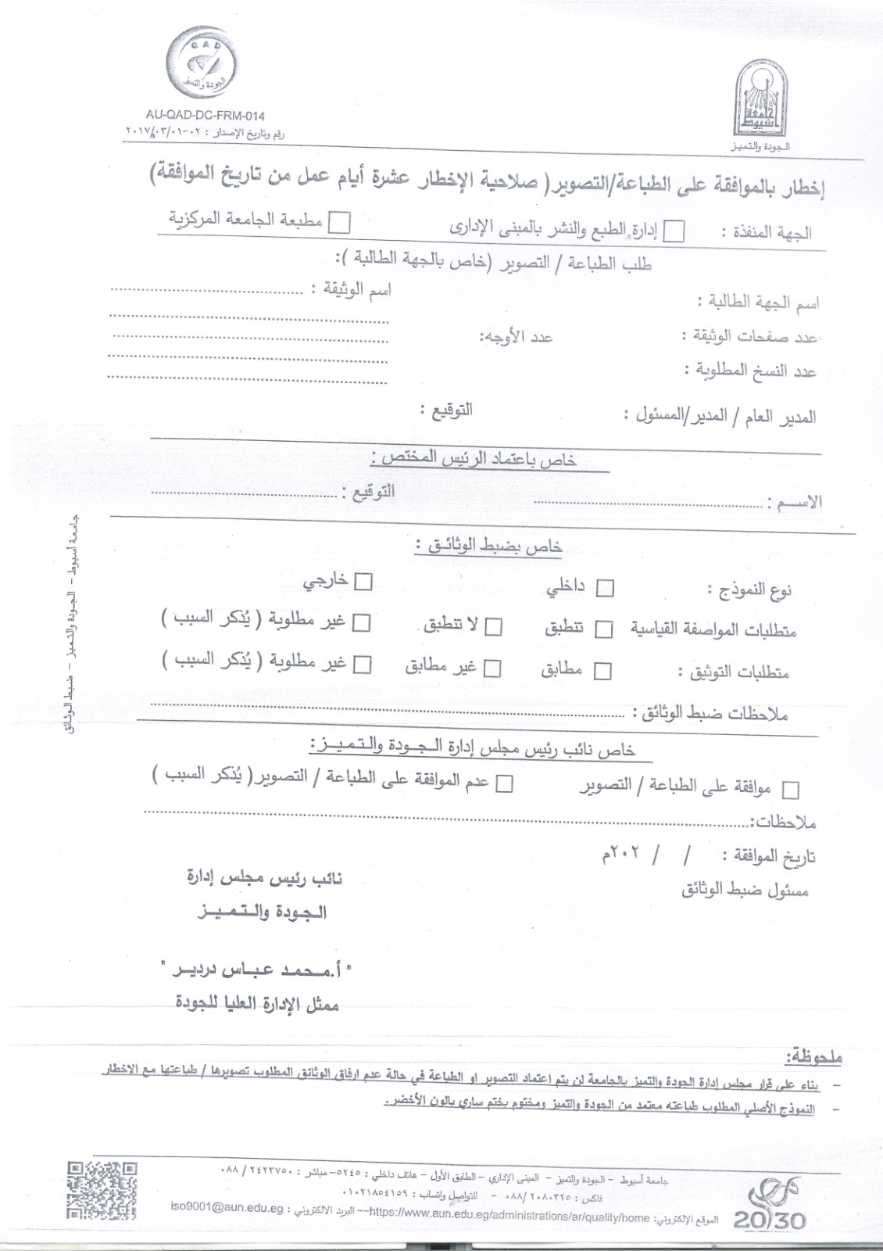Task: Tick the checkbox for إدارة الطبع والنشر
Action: coord(674,231)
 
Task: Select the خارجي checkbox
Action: coord(363,582)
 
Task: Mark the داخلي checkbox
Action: coord(605,589)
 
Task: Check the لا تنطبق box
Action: coord(493,627)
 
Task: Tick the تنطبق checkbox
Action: coord(603,629)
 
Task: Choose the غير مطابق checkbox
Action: coord(492,669)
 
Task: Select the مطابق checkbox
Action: coord(603,671)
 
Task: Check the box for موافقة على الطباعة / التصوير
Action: coord(791,790)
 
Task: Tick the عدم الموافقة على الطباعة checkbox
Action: coord(504,783)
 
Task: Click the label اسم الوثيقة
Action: coord(350,291)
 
